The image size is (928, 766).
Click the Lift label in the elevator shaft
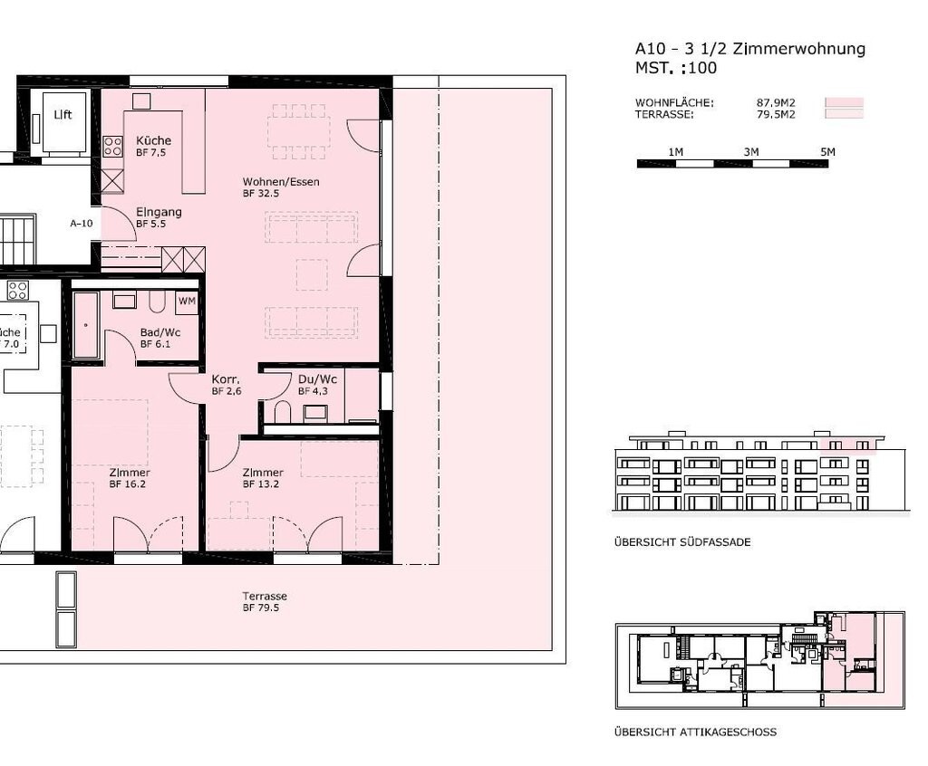pyautogui.click(x=63, y=115)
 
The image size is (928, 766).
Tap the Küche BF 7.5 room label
pyautogui.click(x=153, y=146)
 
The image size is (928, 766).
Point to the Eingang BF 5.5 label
pyautogui.click(x=159, y=217)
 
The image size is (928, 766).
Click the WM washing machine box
pyautogui.click(x=187, y=302)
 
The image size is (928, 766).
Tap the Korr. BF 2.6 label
pyautogui.click(x=226, y=385)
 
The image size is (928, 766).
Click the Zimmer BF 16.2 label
pyautogui.click(x=129, y=478)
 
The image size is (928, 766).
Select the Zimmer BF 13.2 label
pyautogui.click(x=263, y=478)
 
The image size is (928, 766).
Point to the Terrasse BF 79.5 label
pyautogui.click(x=265, y=601)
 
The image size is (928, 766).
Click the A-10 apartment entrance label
pyautogui.click(x=82, y=224)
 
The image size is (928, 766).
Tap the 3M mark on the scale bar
pyautogui.click(x=751, y=152)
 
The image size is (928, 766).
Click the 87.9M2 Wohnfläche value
pyautogui.click(x=776, y=103)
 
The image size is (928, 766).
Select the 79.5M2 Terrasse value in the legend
pyautogui.click(x=776, y=114)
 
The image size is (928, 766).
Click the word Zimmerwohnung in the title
pyautogui.click(x=799, y=49)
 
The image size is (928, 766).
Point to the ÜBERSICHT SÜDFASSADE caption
pyautogui.click(x=682, y=541)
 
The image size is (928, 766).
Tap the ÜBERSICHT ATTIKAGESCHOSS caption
pyautogui.click(x=695, y=732)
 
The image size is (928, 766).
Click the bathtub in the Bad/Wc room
pyautogui.click(x=86, y=325)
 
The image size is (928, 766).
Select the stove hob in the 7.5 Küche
pyautogui.click(x=112, y=146)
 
